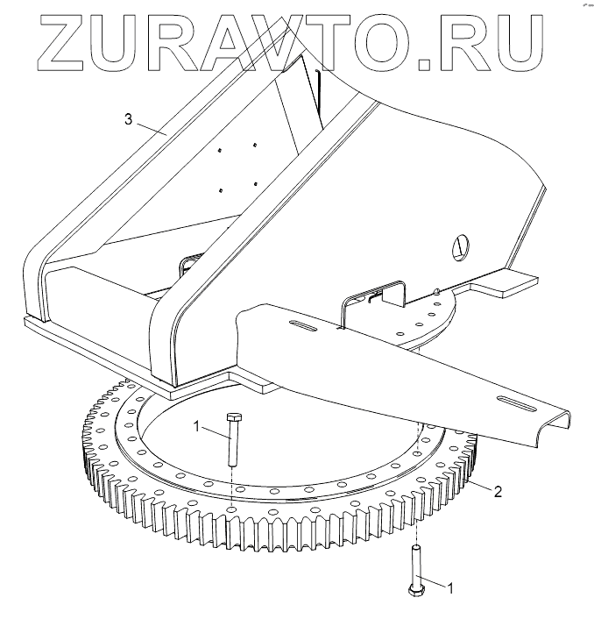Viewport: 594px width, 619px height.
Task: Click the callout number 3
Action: tap(128, 120)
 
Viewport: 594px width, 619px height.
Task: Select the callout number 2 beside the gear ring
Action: tap(497, 492)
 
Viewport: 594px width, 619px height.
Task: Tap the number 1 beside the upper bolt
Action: tap(198, 427)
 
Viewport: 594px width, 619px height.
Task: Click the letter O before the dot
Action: tap(402, 39)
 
